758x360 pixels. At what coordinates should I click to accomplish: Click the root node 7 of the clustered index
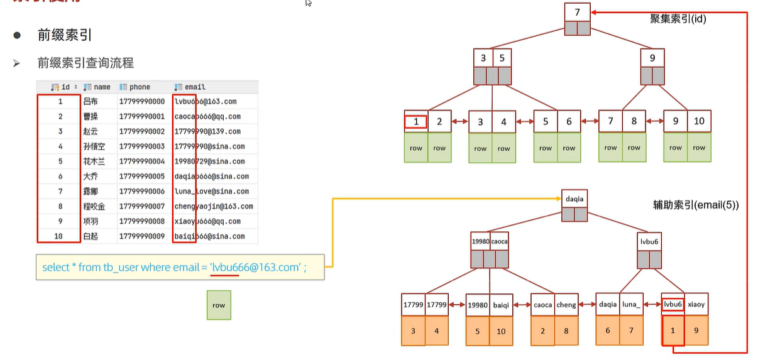(577, 12)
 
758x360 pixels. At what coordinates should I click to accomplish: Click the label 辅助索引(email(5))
(696, 205)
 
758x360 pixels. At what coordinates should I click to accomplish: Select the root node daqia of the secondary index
(574, 199)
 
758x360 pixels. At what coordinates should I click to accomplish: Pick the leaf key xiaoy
(696, 305)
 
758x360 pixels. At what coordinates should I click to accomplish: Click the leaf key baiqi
(501, 305)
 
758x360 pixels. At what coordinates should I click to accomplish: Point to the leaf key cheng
(566, 305)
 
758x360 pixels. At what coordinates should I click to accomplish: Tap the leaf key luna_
(631, 305)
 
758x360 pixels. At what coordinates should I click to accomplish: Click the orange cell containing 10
(501, 330)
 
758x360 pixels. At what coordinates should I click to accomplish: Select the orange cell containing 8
(566, 330)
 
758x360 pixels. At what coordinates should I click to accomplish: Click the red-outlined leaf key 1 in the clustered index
(416, 122)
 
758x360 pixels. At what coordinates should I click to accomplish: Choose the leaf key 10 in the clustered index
(699, 121)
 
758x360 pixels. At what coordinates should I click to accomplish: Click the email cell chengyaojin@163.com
(214, 206)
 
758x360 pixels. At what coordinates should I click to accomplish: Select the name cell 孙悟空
(94, 146)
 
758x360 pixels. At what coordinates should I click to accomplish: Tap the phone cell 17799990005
(141, 177)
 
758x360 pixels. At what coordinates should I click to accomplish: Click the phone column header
(140, 87)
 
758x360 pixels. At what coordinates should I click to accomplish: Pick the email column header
(194, 87)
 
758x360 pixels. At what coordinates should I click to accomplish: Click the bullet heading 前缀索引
(65, 35)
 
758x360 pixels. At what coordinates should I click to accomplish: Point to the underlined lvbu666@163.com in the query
(255, 268)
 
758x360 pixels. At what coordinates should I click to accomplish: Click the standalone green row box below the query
(219, 305)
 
